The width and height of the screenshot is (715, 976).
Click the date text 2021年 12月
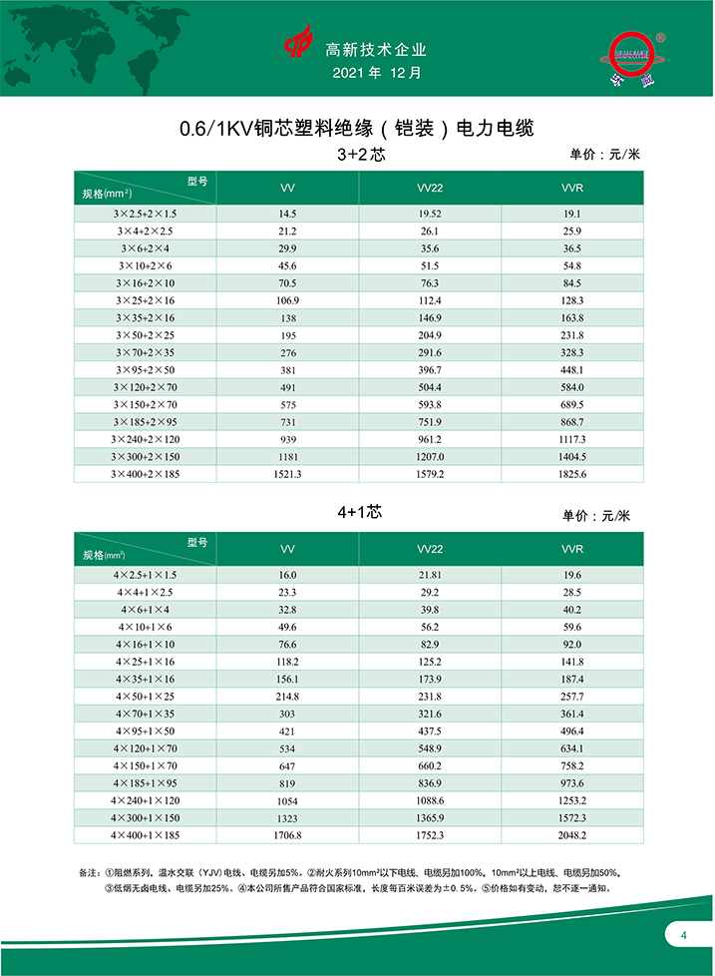(x=376, y=74)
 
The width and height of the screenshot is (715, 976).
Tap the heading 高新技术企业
(x=376, y=49)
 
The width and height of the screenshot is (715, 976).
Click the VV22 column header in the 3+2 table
(x=430, y=188)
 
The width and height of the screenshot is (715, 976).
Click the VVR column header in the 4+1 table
(x=572, y=549)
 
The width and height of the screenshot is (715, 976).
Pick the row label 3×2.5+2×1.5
(x=145, y=214)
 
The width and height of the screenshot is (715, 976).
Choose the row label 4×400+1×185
(x=145, y=834)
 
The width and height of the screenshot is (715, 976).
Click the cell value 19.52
(x=430, y=214)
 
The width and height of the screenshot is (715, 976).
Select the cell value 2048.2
(x=572, y=834)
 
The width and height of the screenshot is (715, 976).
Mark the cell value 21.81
(x=430, y=575)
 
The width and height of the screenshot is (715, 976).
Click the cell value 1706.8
(x=287, y=834)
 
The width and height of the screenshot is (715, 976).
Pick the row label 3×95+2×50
(x=145, y=369)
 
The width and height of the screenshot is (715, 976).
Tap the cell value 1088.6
(x=430, y=799)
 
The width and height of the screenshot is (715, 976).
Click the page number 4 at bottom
(x=684, y=935)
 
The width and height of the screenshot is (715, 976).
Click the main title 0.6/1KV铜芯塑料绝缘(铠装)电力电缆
(x=357, y=129)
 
